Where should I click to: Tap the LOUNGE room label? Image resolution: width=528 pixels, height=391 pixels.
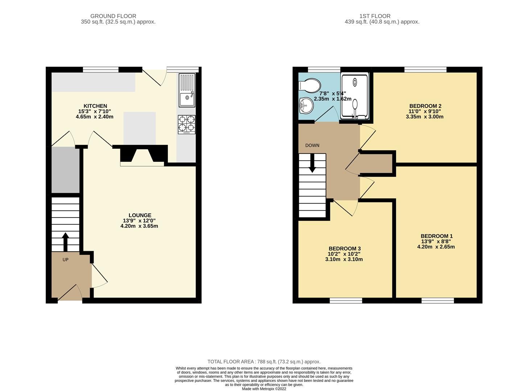tap(139, 215)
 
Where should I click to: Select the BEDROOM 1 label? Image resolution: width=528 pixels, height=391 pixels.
tap(436, 236)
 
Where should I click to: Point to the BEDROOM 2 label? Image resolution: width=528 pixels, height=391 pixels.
tap(425, 106)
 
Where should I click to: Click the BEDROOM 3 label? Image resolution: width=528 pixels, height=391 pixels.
tap(345, 248)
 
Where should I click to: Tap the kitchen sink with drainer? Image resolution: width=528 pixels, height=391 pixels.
tap(187, 90)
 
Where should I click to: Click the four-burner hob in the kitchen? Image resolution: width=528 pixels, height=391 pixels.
tap(187, 124)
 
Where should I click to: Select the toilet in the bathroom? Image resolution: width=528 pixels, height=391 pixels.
tap(309, 86)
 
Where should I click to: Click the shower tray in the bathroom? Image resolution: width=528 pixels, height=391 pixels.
tap(355, 95)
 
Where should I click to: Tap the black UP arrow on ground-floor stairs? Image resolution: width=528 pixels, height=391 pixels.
tap(65, 241)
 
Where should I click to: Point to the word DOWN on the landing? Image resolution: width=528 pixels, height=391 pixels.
tap(312, 146)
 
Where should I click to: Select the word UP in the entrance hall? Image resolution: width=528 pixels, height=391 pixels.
tap(66, 260)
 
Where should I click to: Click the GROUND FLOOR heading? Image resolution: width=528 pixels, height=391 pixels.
tap(113, 16)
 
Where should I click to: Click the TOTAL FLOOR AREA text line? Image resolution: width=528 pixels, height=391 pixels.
tap(264, 362)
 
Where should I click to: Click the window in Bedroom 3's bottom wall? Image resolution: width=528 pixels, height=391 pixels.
tap(346, 300)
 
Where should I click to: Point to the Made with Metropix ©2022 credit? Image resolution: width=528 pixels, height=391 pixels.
tap(264, 389)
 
